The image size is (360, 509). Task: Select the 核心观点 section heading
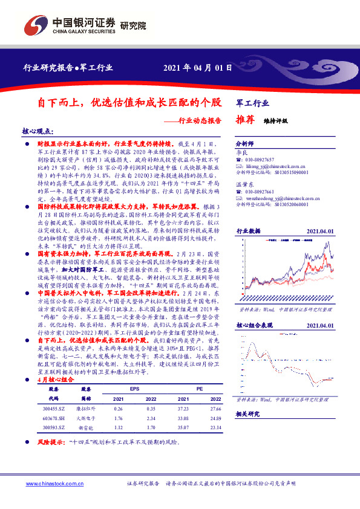click(x=37, y=131)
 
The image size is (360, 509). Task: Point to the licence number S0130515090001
click(x=284, y=172)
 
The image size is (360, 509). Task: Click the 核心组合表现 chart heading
click(x=253, y=325)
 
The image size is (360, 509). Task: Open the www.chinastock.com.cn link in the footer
click(x=53, y=485)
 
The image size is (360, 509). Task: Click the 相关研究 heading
click(x=247, y=413)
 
